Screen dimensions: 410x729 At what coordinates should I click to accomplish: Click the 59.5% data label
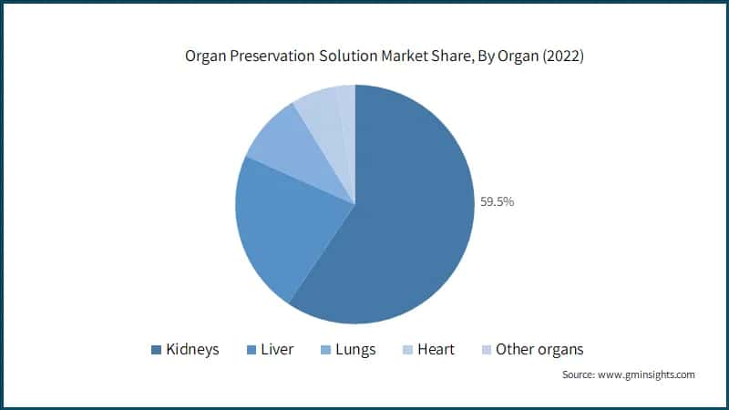pos(498,201)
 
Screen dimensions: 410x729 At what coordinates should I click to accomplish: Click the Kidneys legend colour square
pos(156,350)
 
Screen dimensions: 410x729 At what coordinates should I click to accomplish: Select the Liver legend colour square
pos(252,350)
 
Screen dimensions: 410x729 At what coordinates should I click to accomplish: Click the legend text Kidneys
pos(191,350)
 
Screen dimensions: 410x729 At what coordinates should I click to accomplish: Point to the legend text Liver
pos(277,350)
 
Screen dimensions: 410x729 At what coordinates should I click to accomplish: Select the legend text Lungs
pos(355,350)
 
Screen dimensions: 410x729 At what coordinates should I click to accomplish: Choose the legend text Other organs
pos(539,350)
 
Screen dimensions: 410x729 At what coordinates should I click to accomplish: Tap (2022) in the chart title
pos(560,56)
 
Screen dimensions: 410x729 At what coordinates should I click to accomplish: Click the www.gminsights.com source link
pos(645,374)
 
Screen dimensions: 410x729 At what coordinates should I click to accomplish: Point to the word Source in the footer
pos(578,374)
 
